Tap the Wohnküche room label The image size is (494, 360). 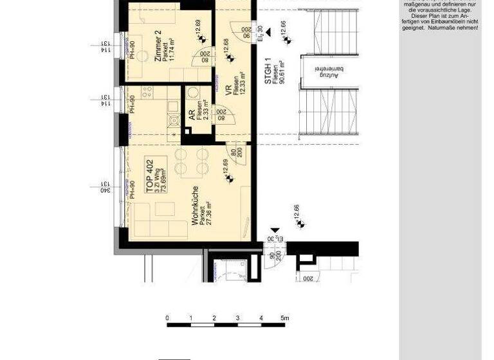pyautogui.click(x=195, y=205)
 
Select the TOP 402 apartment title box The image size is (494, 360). pyautogui.click(x=156, y=175)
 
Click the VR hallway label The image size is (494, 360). pyautogui.click(x=228, y=91)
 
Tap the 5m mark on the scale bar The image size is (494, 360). pyautogui.click(x=284, y=318)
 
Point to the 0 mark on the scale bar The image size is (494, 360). pyautogui.click(x=167, y=318)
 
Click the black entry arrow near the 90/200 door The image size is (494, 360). pyautogui.click(x=275, y=230)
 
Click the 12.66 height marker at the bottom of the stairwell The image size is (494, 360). pyautogui.click(x=298, y=216)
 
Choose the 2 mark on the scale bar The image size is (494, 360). pyautogui.click(x=214, y=318)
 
